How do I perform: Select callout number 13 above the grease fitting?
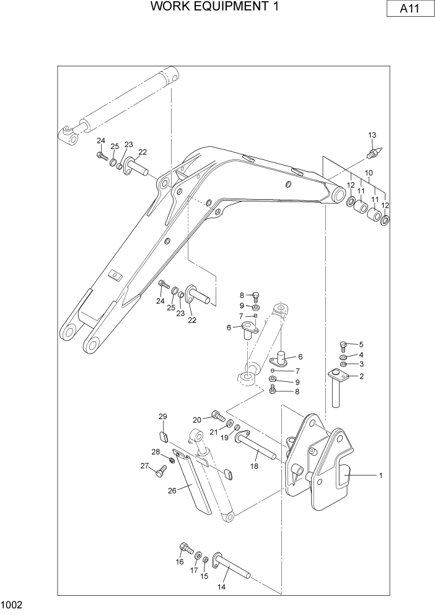[x=372, y=135]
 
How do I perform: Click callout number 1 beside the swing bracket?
[x=380, y=476]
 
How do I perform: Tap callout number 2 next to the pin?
[x=361, y=376]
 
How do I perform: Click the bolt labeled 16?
[x=184, y=547]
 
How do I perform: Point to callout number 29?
[x=163, y=415]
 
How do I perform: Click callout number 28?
[x=156, y=451]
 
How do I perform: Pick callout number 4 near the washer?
[x=361, y=355]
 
